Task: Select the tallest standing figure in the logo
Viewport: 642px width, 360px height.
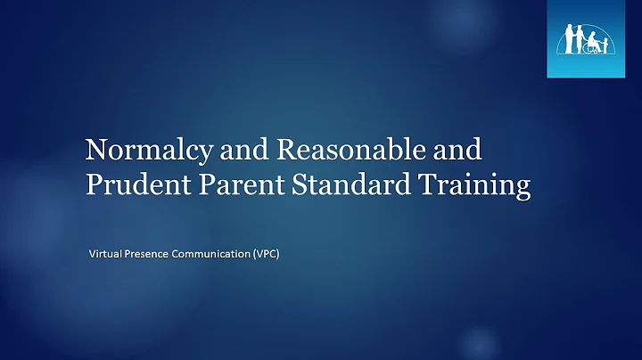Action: click(x=578, y=37)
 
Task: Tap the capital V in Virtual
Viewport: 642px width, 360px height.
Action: click(x=92, y=256)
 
